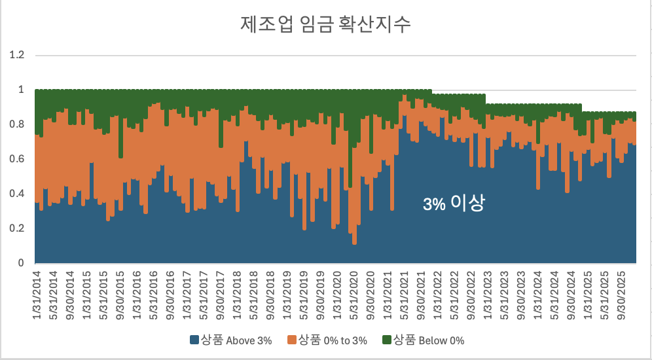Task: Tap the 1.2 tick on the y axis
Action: tap(16, 55)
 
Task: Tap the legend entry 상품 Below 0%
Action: tap(427, 340)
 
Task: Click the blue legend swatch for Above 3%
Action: tap(194, 340)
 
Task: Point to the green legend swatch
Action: tap(386, 340)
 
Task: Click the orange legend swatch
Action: tap(291, 340)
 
